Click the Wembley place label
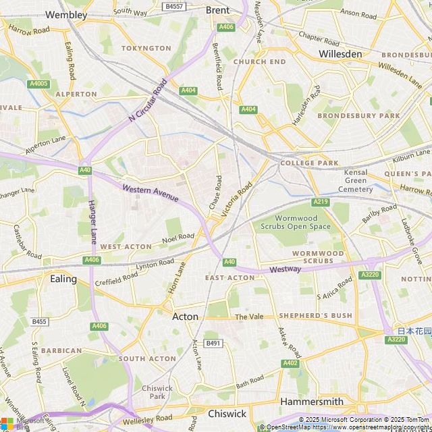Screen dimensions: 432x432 pyautogui.click(x=66, y=14)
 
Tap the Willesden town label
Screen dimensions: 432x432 pyautogui.click(x=340, y=53)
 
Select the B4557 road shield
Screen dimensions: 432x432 pyautogui.click(x=174, y=6)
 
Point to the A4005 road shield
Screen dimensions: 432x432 pyautogui.click(x=38, y=84)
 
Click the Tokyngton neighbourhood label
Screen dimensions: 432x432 pyautogui.click(x=146, y=49)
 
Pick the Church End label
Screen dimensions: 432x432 pyautogui.click(x=259, y=61)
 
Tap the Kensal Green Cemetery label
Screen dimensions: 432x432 pyautogui.click(x=356, y=181)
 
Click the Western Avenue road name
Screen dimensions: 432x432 pyautogui.click(x=151, y=192)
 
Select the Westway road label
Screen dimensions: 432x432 pyautogui.click(x=285, y=269)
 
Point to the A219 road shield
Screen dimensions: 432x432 pyautogui.click(x=320, y=202)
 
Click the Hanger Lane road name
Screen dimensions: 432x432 pyautogui.click(x=93, y=222)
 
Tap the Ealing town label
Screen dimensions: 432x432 pyautogui.click(x=63, y=278)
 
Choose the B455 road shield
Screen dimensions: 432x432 pyautogui.click(x=39, y=322)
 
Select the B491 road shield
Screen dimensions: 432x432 pyautogui.click(x=213, y=344)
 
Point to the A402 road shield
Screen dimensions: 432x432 pyautogui.click(x=290, y=363)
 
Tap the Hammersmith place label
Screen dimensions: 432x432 pyautogui.click(x=311, y=401)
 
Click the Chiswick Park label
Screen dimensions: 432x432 pyautogui.click(x=157, y=392)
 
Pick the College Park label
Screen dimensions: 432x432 pyautogui.click(x=309, y=163)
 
